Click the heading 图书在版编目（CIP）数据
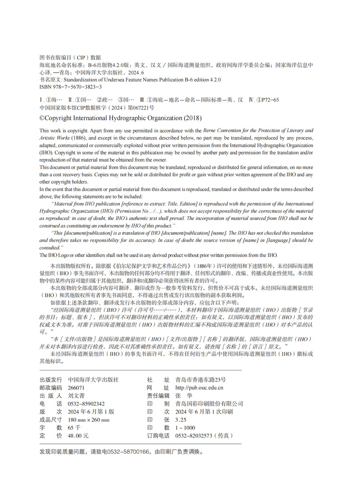(x=70, y=58)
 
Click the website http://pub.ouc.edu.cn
(x=199, y=388)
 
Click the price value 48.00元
(x=78, y=436)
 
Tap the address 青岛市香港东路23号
(x=201, y=380)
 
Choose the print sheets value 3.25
(x=180, y=420)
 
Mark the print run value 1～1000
(x=185, y=428)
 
